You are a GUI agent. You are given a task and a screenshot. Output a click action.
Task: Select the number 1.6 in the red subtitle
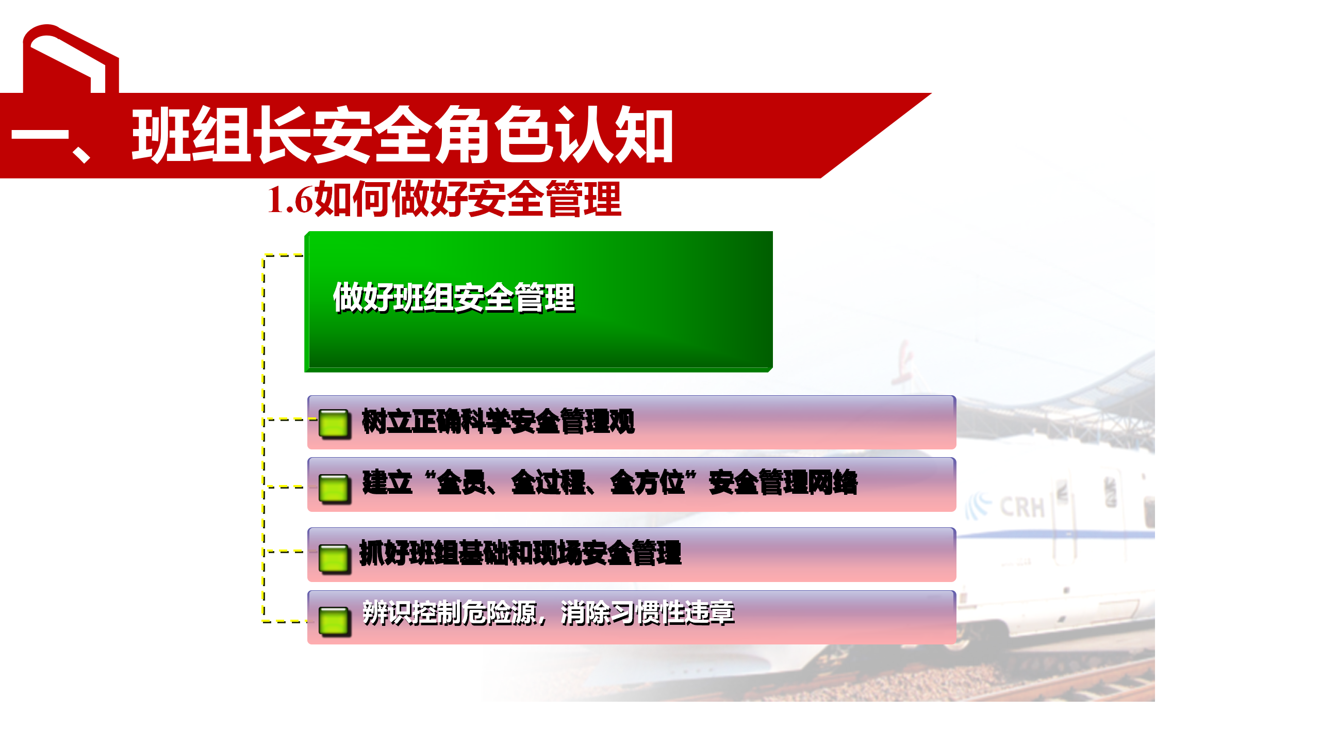[x=290, y=200]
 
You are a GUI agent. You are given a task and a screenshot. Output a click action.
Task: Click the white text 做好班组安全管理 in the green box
[x=454, y=297]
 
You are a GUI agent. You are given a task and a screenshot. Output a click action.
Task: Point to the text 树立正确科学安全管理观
[x=498, y=421]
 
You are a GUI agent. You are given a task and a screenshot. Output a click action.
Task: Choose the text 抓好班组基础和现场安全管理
[x=520, y=553]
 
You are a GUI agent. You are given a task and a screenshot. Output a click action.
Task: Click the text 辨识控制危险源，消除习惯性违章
[x=549, y=613]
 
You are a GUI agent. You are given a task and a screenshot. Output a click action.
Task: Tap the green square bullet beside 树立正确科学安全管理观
[x=334, y=424]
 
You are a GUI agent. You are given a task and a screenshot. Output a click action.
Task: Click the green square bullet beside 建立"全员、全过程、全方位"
[x=334, y=488]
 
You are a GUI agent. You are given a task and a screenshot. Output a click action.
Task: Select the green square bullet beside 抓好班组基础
[x=334, y=558]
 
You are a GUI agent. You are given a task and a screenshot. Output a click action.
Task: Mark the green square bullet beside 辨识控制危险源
[x=334, y=621]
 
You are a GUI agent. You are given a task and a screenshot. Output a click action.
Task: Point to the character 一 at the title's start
[x=40, y=136]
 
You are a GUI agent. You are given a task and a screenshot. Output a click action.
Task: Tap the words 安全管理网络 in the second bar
[x=783, y=483]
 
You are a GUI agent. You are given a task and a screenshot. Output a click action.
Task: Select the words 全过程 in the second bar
[x=548, y=483]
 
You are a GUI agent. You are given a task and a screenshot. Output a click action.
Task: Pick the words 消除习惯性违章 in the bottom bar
[x=648, y=613]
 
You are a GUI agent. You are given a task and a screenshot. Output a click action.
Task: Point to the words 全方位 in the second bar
[x=647, y=483]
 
